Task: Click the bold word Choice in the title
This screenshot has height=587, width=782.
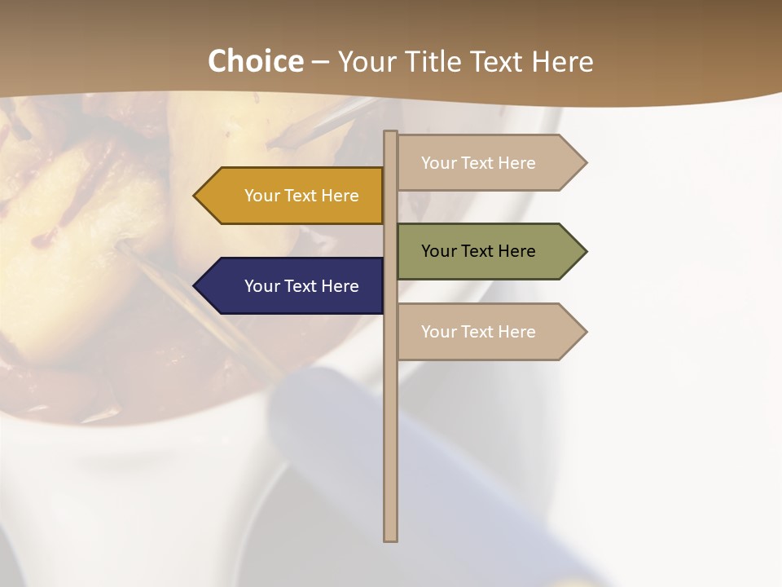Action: pos(256,61)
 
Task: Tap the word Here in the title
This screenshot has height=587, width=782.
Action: pos(562,61)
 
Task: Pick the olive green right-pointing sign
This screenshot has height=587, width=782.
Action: pos(489,251)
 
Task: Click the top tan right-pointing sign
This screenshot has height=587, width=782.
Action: pos(489,163)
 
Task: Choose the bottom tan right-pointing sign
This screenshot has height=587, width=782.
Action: pos(489,332)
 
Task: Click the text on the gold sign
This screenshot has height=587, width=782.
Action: pos(301,196)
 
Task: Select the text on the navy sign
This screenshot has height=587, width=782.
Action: pos(301,286)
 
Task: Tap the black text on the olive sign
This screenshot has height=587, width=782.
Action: pos(478,251)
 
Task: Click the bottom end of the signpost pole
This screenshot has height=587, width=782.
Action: pos(391,536)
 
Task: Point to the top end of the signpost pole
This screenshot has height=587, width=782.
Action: pos(391,135)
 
